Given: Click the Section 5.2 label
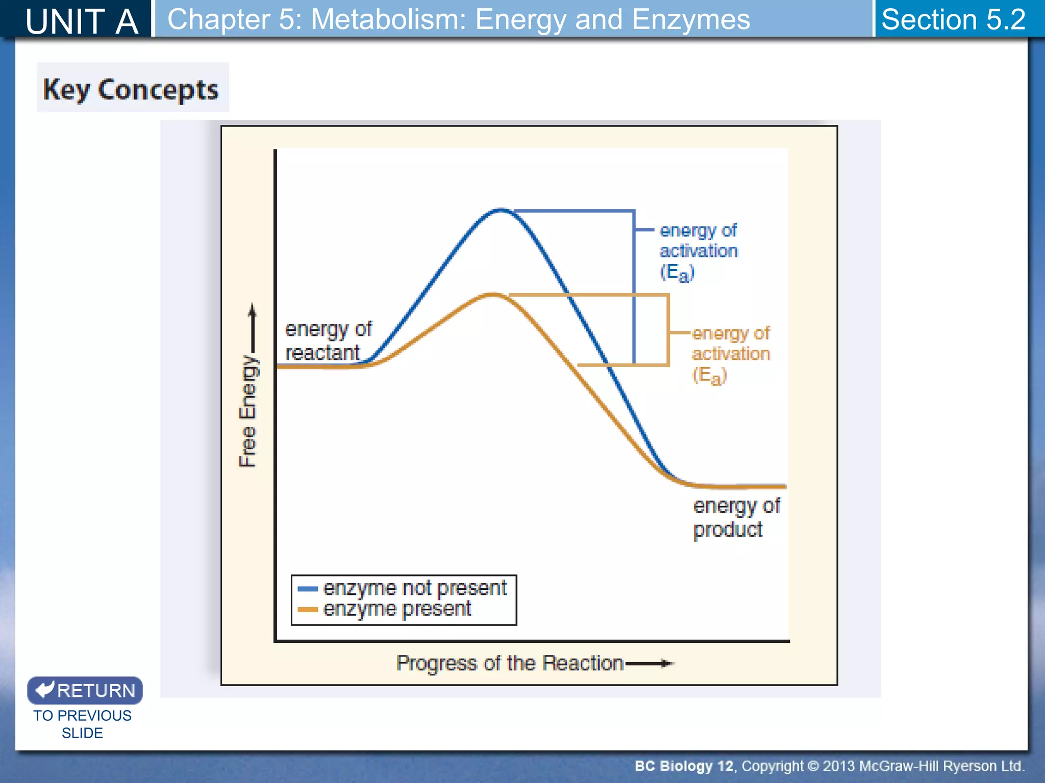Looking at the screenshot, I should click(953, 19).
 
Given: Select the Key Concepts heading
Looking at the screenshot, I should click(131, 89).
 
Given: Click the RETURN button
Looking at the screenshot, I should click(85, 690).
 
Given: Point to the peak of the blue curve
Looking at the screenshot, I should click(501, 210).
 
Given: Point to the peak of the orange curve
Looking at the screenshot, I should click(492, 294).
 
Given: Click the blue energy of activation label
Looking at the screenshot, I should click(698, 251).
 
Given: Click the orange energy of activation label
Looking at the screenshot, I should click(730, 353).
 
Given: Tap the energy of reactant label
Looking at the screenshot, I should click(328, 341).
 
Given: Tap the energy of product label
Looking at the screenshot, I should click(735, 517).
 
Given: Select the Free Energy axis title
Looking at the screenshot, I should click(248, 411).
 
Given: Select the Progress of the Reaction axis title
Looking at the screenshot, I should click(509, 663).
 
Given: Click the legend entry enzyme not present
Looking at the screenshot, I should click(414, 588).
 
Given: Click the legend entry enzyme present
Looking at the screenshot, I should click(397, 609).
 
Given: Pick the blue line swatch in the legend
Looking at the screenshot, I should click(307, 589).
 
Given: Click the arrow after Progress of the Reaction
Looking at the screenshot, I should click(650, 663).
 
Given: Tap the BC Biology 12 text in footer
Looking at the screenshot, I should click(684, 766).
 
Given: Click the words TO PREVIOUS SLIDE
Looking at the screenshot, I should click(82, 724).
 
